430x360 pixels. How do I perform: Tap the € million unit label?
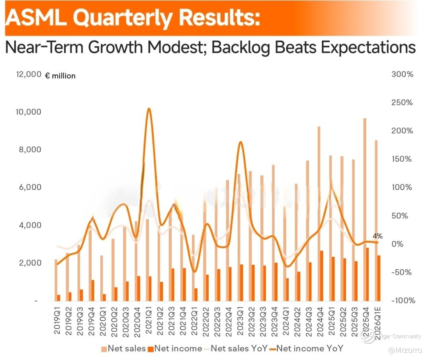pyautogui.click(x=60, y=76)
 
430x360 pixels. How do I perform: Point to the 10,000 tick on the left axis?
pyautogui.click(x=28, y=112)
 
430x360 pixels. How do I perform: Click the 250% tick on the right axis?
pyautogui.click(x=402, y=103)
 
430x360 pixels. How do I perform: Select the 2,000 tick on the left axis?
pyautogui.click(x=29, y=263)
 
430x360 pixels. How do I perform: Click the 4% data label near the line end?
pyautogui.click(x=377, y=236)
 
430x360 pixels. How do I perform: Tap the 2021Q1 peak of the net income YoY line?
pyautogui.click(x=149, y=109)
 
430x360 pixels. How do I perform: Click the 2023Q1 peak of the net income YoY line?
pyautogui.click(x=240, y=143)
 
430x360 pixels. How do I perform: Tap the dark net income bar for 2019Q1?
pyautogui.click(x=59, y=297)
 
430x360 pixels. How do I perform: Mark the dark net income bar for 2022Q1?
pyautogui.click(x=196, y=294)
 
